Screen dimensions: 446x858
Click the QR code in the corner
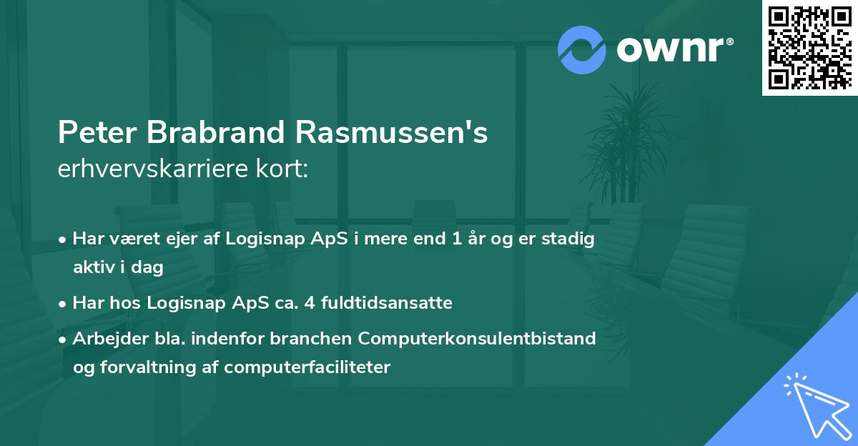(809, 47)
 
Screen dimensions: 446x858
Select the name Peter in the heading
(97, 133)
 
